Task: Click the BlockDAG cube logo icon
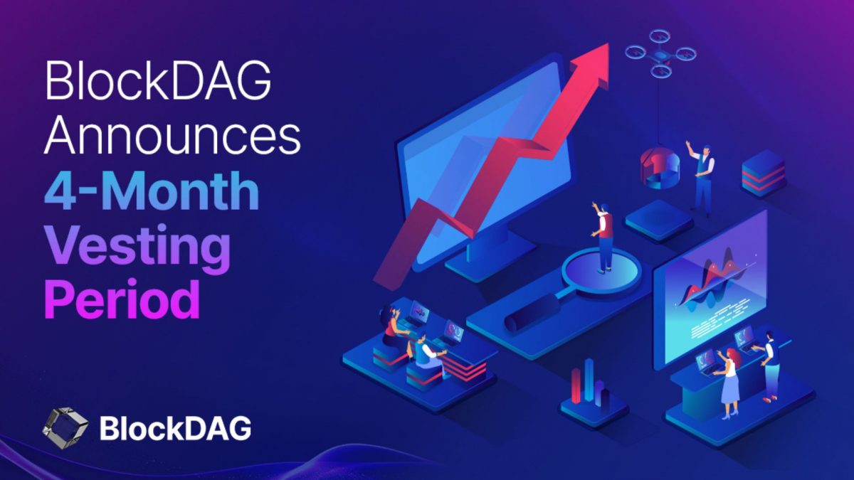point(65,427)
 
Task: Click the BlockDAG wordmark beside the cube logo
point(175,427)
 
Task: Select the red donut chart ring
point(661,168)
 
